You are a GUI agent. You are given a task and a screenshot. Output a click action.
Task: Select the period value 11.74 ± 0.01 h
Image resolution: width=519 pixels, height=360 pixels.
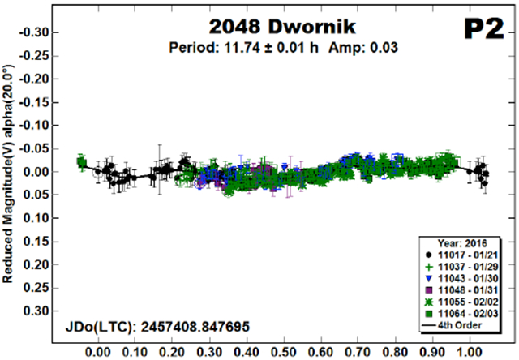pyautogui.click(x=254, y=47)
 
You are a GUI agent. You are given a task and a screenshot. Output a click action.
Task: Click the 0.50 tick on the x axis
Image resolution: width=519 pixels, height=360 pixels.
pyautogui.click(x=283, y=353)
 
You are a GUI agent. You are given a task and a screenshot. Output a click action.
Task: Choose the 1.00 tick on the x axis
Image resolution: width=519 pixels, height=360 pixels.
pyautogui.click(x=469, y=353)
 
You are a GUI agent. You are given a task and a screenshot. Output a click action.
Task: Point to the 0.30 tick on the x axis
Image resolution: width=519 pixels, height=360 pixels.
pyautogui.click(x=209, y=353)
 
